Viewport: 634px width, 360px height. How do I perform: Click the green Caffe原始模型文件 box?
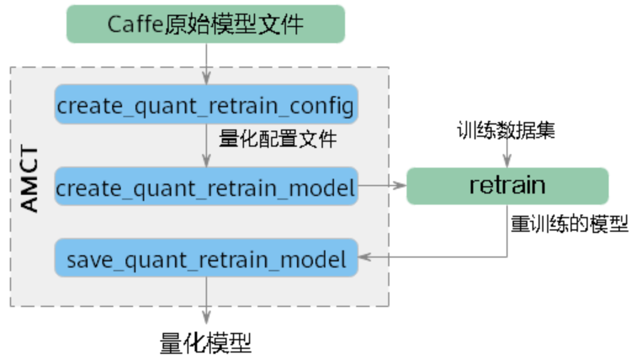[x=205, y=24]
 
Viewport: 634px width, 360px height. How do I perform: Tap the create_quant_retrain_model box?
[x=205, y=187]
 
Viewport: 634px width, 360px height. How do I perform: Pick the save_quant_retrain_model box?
[x=205, y=259]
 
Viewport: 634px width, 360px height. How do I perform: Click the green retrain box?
[x=507, y=186]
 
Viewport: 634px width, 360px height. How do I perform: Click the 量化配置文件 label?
[x=278, y=139]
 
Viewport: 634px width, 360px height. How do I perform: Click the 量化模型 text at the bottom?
[x=205, y=343]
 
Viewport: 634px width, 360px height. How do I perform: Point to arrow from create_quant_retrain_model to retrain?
[x=382, y=186]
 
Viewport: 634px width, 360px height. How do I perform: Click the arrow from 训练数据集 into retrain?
[x=507, y=152]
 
